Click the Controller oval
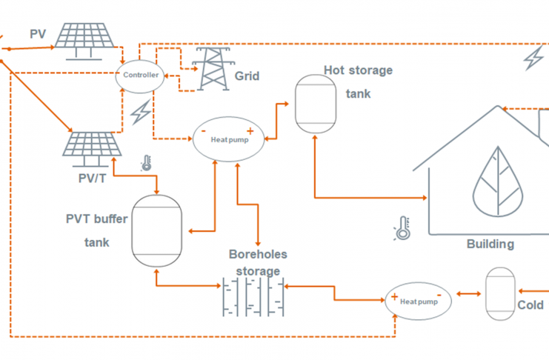click(x=141, y=75)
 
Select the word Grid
click(x=247, y=76)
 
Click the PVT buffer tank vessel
click(x=156, y=230)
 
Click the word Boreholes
click(x=257, y=254)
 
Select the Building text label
click(x=490, y=244)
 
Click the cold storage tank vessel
click(x=500, y=294)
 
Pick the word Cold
click(x=530, y=304)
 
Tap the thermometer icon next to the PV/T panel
click(x=146, y=163)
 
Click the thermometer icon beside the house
click(x=402, y=229)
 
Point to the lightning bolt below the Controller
click(x=141, y=113)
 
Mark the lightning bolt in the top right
click(x=533, y=59)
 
